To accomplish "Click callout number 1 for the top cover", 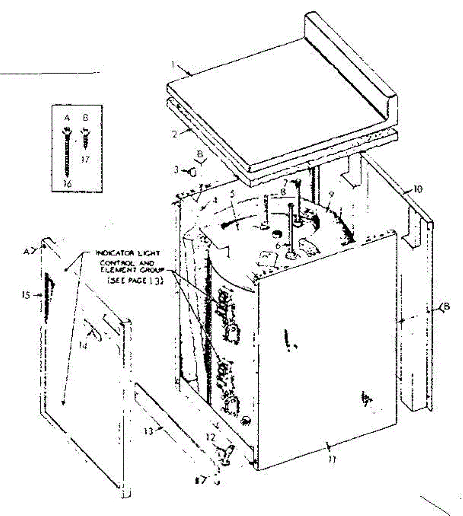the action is pyautogui.click(x=172, y=65).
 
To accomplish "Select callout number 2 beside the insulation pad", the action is pyautogui.click(x=175, y=134).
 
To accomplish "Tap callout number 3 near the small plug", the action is pyautogui.click(x=176, y=170).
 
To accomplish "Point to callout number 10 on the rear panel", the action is pyautogui.click(x=418, y=188).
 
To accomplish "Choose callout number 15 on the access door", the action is pyautogui.click(x=25, y=295).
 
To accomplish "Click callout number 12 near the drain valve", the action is pyautogui.click(x=210, y=436).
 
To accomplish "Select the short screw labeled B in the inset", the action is pyautogui.click(x=85, y=136).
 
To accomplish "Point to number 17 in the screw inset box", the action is pyautogui.click(x=85, y=159).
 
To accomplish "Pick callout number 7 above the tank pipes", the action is pyautogui.click(x=285, y=182).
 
